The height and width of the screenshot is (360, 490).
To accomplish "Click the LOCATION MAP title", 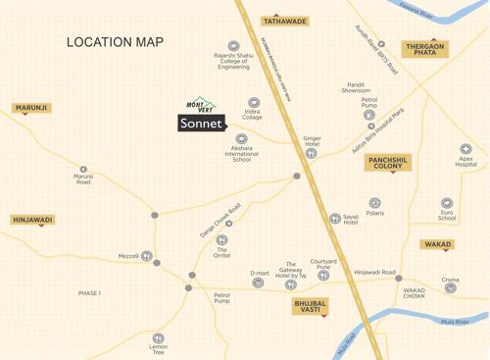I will click(x=115, y=42).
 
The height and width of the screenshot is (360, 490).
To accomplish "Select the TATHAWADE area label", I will click(x=284, y=21).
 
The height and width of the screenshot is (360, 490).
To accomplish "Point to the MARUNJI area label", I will click(x=31, y=108).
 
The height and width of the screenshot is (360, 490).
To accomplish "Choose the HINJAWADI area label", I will click(x=32, y=221).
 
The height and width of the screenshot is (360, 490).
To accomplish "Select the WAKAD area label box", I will click(x=437, y=244).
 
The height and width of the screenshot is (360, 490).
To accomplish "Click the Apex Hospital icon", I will click(x=465, y=149).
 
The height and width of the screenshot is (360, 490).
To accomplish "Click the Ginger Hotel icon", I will click(x=312, y=153).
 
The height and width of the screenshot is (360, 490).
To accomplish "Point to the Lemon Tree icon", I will click(x=158, y=338).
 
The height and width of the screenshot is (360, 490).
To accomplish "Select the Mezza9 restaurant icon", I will click(x=146, y=256).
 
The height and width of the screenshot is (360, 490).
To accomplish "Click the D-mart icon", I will click(x=258, y=283).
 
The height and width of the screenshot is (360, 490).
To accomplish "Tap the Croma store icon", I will click(x=449, y=290).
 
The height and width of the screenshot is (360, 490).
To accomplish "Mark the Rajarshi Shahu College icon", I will click(x=233, y=45).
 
